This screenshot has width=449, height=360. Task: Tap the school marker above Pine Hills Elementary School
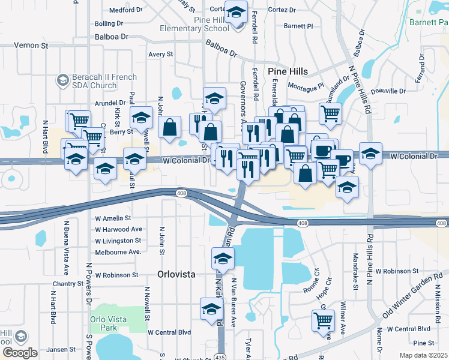[236, 12]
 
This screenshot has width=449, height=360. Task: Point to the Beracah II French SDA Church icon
[62, 80]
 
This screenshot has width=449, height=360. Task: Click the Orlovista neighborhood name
[176, 274]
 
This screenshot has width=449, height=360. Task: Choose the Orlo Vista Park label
[109, 324]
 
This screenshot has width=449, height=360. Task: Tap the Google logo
[19, 353]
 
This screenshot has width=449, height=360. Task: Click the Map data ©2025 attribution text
[423, 355]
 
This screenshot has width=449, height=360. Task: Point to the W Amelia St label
[113, 219]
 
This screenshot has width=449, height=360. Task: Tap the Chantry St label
[63, 283]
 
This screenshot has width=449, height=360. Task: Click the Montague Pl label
[306, 86]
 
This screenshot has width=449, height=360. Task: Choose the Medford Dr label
[125, 10]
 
